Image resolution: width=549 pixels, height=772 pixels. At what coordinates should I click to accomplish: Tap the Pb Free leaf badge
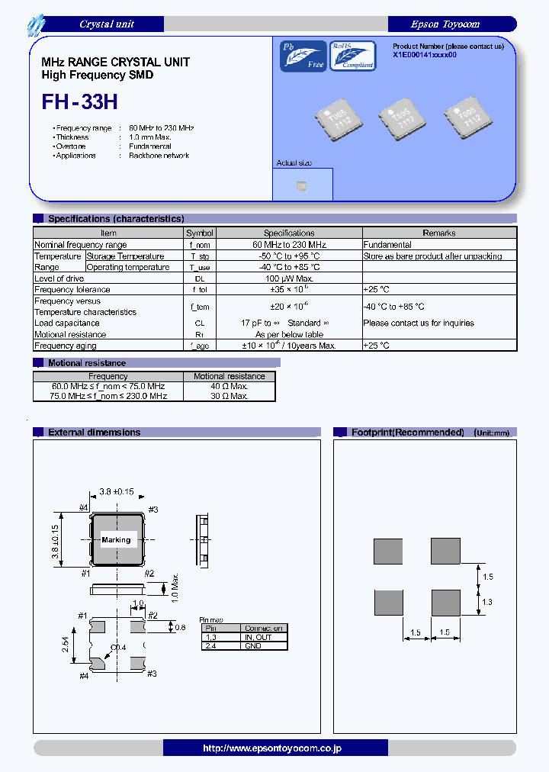303,56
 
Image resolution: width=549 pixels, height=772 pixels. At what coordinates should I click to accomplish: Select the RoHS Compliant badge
352,56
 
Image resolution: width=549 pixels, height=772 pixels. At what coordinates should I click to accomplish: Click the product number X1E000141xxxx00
425,56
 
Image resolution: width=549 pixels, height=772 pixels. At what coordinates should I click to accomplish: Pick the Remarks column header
439,233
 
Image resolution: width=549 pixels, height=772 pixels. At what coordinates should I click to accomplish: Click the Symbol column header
200,233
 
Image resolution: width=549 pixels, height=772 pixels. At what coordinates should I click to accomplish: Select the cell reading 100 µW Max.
289,278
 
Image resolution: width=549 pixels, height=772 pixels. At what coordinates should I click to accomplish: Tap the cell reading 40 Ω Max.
230,386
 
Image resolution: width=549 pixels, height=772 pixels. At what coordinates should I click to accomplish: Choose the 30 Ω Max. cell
230,397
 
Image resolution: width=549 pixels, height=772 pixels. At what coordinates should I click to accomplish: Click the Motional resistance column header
230,376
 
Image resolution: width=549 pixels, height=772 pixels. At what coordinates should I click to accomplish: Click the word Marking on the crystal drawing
116,540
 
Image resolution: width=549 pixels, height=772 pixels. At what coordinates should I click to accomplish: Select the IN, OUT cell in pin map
263,637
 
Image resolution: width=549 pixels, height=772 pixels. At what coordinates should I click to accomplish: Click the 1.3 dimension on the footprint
488,602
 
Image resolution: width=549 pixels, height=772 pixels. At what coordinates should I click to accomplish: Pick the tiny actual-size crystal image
301,185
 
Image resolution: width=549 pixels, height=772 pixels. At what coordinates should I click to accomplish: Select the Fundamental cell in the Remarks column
387,245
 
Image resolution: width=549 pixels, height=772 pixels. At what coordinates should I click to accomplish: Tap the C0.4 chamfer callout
117,648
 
